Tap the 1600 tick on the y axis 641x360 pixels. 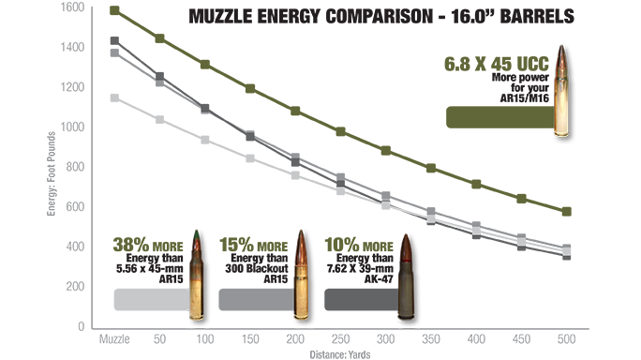(72, 7)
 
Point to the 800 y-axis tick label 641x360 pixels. (76, 166)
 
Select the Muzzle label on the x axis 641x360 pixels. (113, 335)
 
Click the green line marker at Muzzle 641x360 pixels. (114, 10)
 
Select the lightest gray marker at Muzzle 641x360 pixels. (114, 97)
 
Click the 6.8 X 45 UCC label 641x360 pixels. (496, 67)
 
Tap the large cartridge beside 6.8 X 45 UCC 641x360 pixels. (563, 91)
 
